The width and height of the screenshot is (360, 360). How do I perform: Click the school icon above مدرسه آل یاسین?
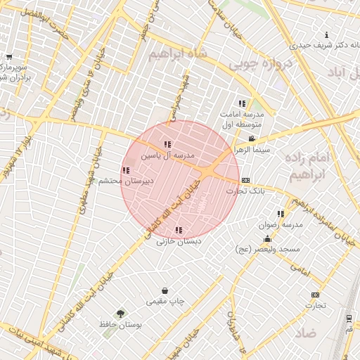click(167, 144)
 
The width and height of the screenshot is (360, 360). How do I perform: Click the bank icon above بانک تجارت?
click(245, 180)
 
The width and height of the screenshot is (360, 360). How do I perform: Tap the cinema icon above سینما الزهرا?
click(252, 139)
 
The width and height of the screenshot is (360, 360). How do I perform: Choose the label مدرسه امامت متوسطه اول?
click(241, 120)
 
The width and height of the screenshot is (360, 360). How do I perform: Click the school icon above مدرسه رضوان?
click(281, 214)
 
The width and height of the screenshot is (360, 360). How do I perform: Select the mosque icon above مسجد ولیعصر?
click(267, 238)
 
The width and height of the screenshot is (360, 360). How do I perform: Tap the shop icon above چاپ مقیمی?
click(165, 290)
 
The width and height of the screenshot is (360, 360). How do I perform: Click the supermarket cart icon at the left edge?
click(8, 57)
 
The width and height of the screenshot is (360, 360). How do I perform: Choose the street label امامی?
click(300, 269)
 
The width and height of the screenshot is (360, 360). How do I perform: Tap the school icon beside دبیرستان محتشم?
click(125, 170)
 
